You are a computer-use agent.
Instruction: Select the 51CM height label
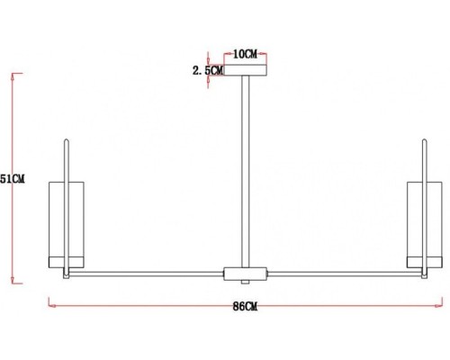point(13,179)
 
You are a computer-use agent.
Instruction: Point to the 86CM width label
point(245,307)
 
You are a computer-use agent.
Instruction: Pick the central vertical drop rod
point(246,171)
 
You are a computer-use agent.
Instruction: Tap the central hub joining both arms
point(246,273)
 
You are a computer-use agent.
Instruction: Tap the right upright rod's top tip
point(424,139)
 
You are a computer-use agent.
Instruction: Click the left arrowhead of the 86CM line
point(49,306)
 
